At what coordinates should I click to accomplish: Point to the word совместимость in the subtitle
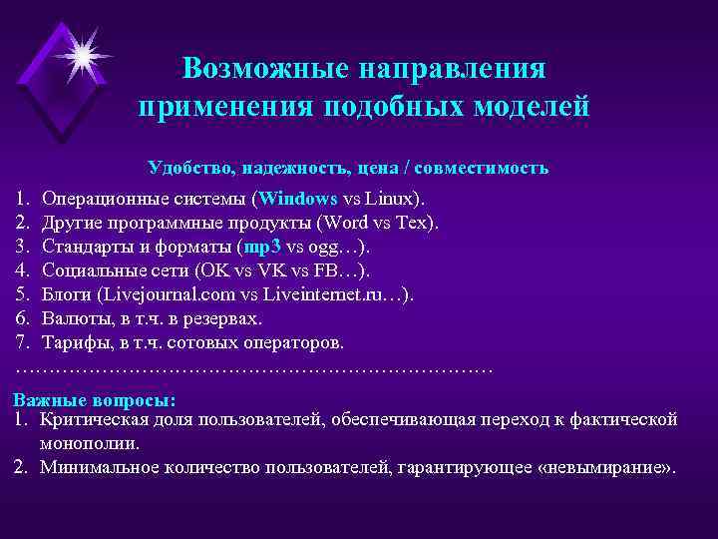tap(486, 168)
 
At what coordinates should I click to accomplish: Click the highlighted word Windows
tap(298, 197)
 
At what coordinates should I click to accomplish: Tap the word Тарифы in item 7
tap(74, 342)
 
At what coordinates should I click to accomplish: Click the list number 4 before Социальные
tap(22, 269)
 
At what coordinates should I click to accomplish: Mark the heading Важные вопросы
tap(94, 399)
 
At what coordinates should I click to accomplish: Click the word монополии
tap(90, 442)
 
